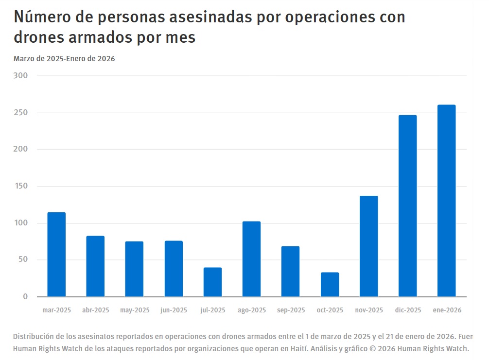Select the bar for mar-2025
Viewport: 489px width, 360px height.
click(56, 254)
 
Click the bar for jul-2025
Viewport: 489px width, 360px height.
click(212, 282)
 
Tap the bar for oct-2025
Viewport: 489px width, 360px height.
click(330, 284)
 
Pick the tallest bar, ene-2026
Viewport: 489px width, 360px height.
click(446, 201)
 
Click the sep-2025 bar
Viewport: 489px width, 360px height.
click(290, 271)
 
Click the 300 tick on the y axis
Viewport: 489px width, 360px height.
click(21, 76)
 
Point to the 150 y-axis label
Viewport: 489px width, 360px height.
click(21, 186)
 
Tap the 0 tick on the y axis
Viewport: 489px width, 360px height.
click(25, 296)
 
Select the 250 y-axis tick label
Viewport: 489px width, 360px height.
click(21, 113)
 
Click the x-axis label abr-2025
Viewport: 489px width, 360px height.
click(95, 310)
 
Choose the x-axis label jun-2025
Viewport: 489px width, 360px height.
click(174, 310)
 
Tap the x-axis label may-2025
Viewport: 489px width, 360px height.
click(135, 310)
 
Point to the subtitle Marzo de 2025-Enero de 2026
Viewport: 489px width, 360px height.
click(64, 59)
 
